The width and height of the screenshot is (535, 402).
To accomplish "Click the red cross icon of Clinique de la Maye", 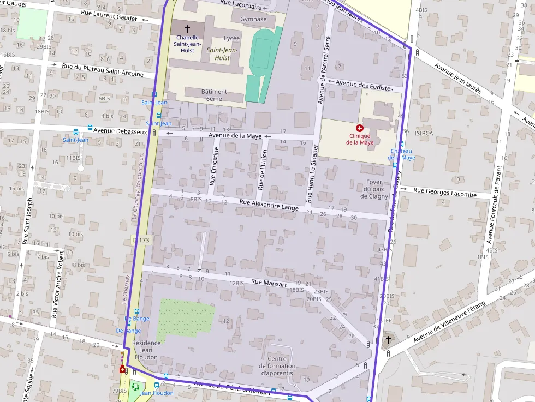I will point(359,128).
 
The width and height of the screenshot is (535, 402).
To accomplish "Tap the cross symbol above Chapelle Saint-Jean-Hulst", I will point(187,28).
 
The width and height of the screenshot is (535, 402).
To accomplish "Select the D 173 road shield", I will point(141,240).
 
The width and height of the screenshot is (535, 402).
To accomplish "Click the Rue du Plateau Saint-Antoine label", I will point(103,70).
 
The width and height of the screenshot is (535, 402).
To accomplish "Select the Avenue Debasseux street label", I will point(120,131).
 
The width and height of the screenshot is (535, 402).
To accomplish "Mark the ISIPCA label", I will point(424,133).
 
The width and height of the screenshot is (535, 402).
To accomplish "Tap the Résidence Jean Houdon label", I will point(145,350).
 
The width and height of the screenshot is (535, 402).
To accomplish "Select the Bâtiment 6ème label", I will point(214,95).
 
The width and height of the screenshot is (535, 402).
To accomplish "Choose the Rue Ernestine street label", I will point(216,166).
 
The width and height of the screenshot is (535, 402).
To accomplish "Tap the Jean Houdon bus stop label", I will point(157,393).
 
